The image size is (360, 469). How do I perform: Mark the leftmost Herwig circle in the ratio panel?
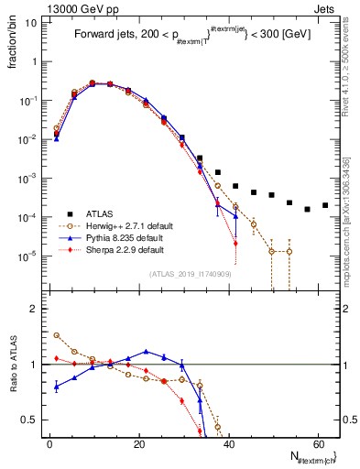tap(57, 335)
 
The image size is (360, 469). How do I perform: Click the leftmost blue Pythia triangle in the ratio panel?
tap(57, 387)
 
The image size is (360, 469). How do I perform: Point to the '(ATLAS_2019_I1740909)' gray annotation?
tap(189, 273)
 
